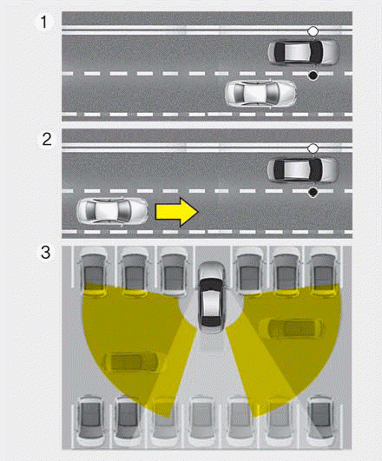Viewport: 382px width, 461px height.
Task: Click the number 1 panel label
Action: (44, 22)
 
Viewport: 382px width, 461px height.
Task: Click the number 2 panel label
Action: (47, 139)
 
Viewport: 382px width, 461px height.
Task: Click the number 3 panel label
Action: (46, 253)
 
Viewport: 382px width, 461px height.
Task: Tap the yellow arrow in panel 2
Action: (177, 212)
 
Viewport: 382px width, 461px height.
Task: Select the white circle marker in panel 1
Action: (313, 31)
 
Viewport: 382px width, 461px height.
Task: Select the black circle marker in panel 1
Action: (313, 76)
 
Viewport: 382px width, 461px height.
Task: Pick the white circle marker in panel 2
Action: (313, 148)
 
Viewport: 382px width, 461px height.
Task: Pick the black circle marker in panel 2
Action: (313, 192)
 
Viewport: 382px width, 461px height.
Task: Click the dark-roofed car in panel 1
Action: (302, 52)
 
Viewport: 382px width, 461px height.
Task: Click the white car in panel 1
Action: (260, 94)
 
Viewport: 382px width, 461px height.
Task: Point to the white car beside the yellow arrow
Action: (112, 211)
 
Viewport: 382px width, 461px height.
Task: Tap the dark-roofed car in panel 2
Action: (303, 170)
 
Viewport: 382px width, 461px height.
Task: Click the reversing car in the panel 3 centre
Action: (211, 297)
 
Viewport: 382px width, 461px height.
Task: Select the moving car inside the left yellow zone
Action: (131, 362)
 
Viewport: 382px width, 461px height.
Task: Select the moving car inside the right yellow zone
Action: (291, 328)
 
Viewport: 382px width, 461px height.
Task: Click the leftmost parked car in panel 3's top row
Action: (94, 272)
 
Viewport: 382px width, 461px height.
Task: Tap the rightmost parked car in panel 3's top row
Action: (323, 272)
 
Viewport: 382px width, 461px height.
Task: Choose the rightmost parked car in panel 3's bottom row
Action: (320, 422)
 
